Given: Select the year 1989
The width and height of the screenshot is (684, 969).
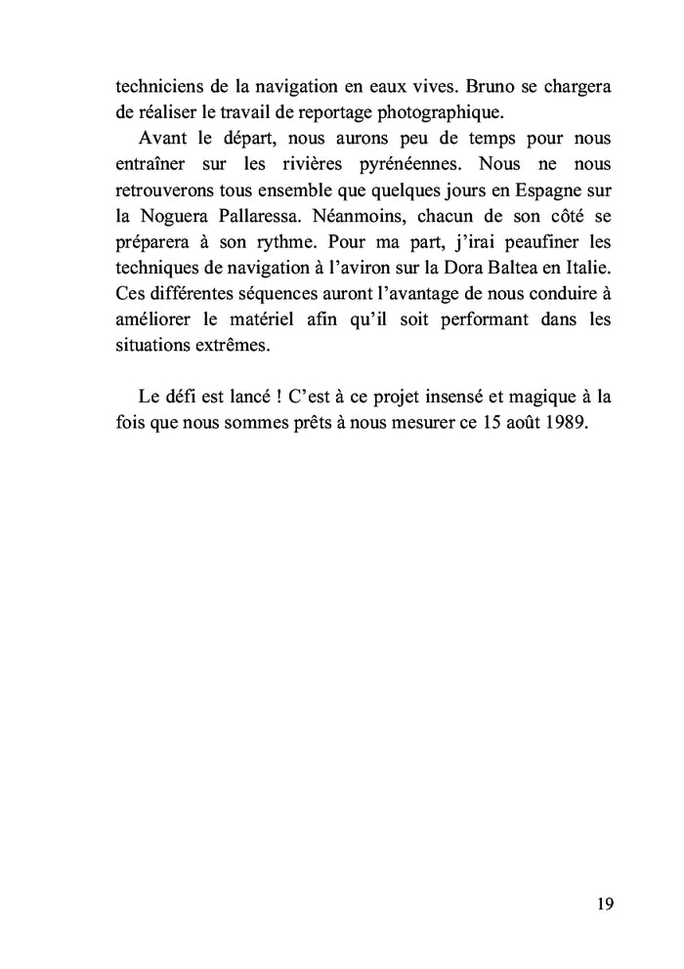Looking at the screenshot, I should click(568, 424).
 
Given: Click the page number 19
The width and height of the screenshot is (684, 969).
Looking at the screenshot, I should click(604, 904).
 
